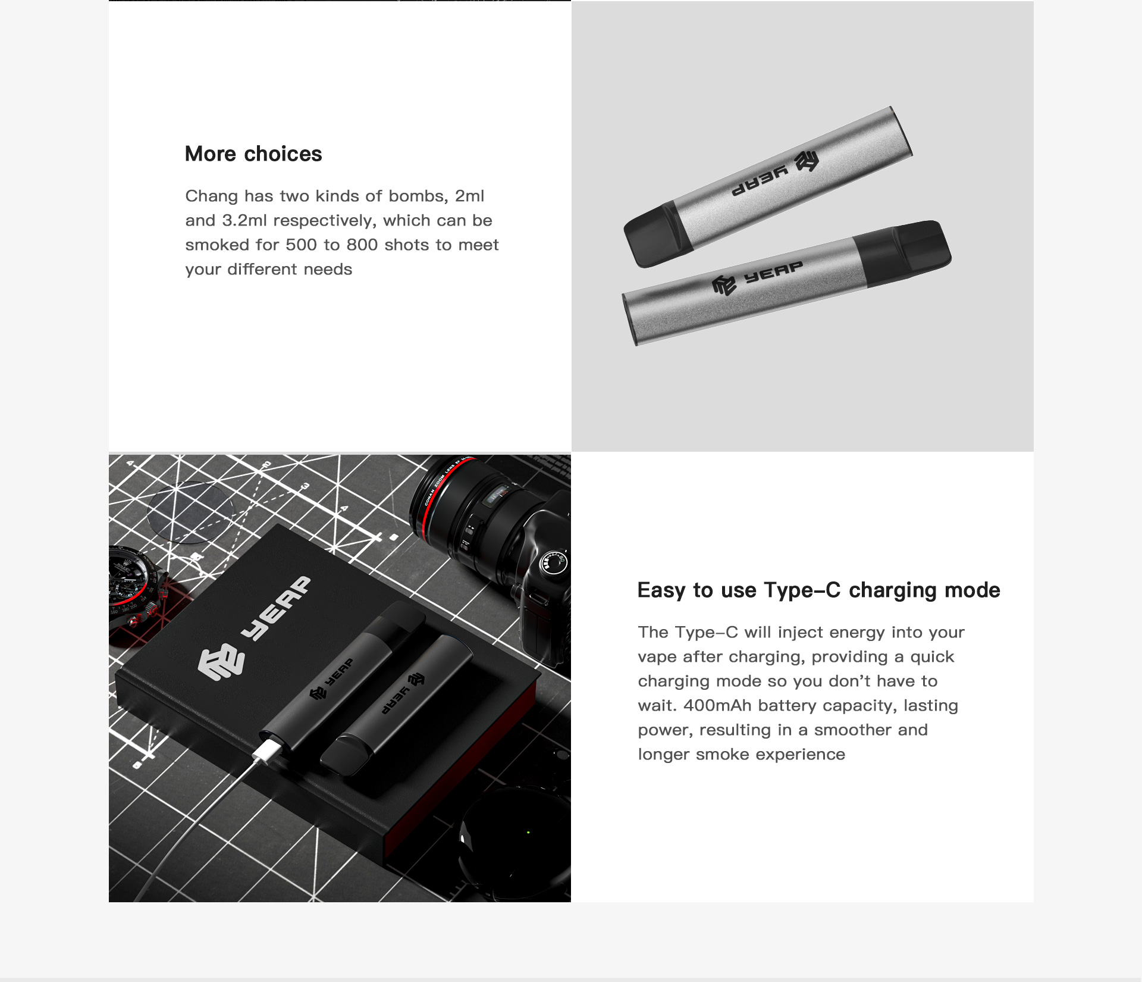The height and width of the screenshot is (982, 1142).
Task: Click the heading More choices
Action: click(x=253, y=154)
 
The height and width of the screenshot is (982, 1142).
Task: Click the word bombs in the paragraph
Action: click(x=418, y=196)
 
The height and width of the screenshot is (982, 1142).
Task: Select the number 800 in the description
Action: click(x=362, y=245)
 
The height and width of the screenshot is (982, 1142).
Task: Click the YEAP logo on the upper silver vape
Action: click(x=776, y=174)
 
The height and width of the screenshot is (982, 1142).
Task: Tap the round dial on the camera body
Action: click(x=553, y=562)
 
